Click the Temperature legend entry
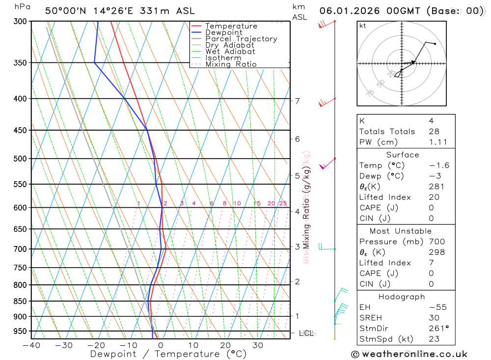(x=231, y=26)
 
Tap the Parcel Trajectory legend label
(x=241, y=39)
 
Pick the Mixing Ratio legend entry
(x=231, y=64)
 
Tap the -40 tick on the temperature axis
(x=31, y=345)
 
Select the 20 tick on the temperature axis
(x=225, y=345)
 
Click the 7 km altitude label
(x=297, y=101)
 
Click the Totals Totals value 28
(x=434, y=131)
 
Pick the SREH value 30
(x=434, y=318)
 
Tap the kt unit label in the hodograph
(x=363, y=26)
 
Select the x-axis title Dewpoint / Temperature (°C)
(x=168, y=354)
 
